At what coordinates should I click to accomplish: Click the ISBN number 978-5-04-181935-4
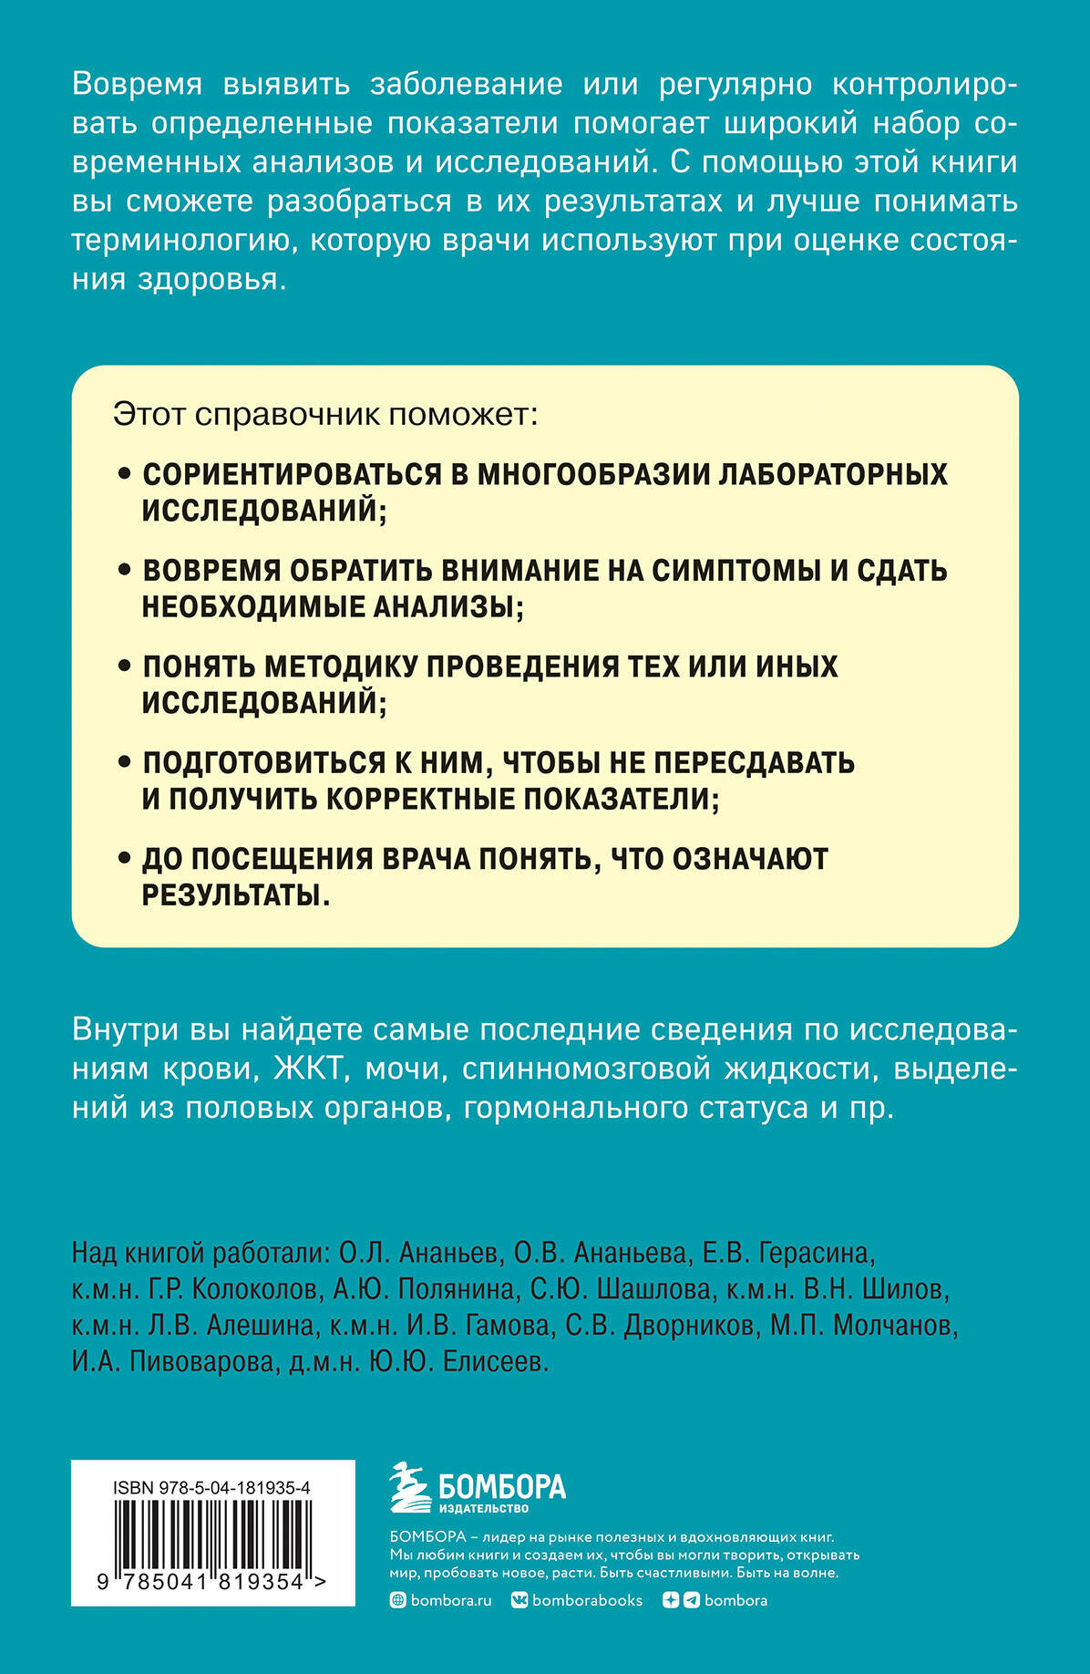[x=211, y=1487]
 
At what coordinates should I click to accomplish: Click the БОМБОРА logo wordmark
[x=502, y=1487]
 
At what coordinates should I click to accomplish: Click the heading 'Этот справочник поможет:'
[x=325, y=415]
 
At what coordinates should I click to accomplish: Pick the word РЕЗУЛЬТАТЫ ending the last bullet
[x=234, y=895]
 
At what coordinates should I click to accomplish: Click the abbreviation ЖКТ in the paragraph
[x=309, y=1069]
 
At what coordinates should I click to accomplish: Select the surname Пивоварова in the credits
[x=201, y=1361]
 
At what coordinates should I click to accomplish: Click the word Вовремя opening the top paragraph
[x=137, y=84]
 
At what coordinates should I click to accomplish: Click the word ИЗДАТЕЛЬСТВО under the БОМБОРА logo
[x=484, y=1509]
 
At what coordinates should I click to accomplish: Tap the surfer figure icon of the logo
[x=409, y=1488]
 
